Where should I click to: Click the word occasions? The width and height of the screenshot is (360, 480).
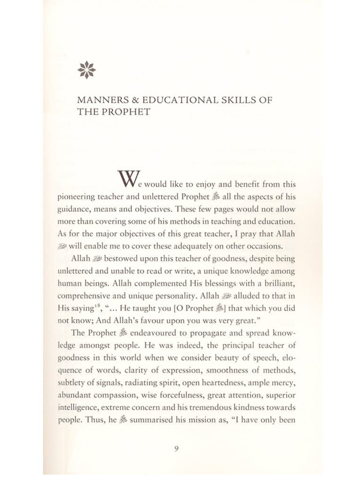click(265, 247)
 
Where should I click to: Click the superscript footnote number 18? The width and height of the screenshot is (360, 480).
click(96, 306)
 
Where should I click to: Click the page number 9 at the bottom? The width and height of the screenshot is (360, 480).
click(176, 449)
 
